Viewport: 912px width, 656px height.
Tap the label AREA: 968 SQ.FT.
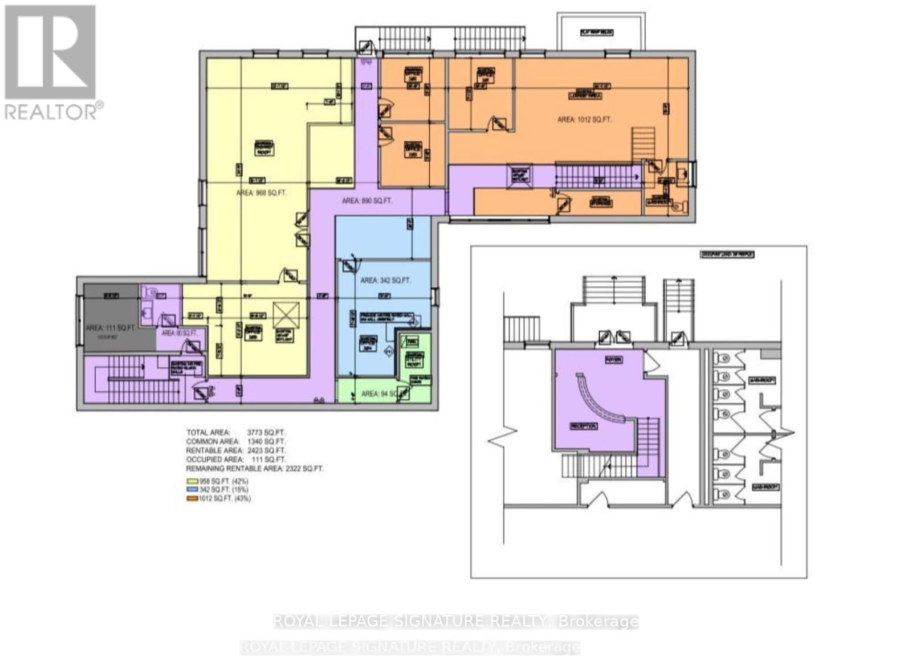pos(261,193)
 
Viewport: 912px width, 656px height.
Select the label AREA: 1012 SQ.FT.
pos(584,120)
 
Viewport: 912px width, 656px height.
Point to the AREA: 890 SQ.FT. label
pos(367,201)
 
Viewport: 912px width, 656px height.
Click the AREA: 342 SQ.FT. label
pos(385,280)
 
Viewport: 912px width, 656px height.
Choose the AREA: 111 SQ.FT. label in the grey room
pos(110,328)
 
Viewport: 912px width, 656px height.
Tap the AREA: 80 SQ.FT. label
pos(179,333)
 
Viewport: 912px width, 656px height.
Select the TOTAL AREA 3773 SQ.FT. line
pos(235,432)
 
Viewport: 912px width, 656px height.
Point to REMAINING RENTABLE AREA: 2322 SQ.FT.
pos(254,469)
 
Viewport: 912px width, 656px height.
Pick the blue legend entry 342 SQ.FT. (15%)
pos(218,490)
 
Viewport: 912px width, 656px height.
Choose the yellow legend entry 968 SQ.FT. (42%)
pos(218,481)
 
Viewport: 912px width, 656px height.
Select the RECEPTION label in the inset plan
pos(583,426)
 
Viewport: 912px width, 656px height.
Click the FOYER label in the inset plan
pos(613,360)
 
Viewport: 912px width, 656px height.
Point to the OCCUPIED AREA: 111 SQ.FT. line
pos(235,460)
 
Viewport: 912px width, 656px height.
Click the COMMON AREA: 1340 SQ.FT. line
pos(235,441)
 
